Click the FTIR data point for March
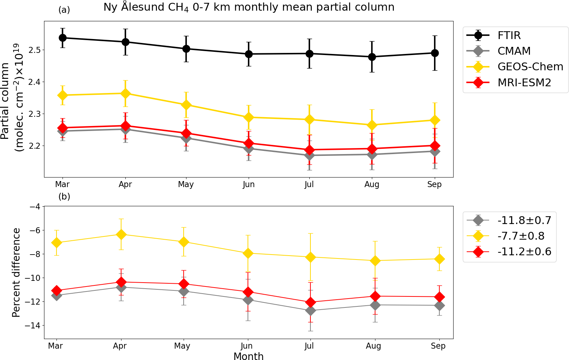[63, 38]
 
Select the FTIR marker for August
[372, 57]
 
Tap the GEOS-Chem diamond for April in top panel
[125, 94]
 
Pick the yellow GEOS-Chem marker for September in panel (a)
[434, 120]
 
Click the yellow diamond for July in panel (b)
[310, 257]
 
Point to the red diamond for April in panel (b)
[121, 282]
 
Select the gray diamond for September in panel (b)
[439, 305]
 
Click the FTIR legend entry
[509, 36]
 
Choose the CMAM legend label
[514, 51]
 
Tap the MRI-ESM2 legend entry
[524, 83]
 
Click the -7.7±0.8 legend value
[521, 236]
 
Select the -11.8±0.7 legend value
[524, 220]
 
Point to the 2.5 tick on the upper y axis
[34, 50]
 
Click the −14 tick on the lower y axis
[32, 326]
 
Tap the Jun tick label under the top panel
[249, 184]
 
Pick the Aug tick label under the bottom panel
[373, 346]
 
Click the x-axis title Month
[248, 356]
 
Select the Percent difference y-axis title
[16, 272]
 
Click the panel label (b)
[64, 196]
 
